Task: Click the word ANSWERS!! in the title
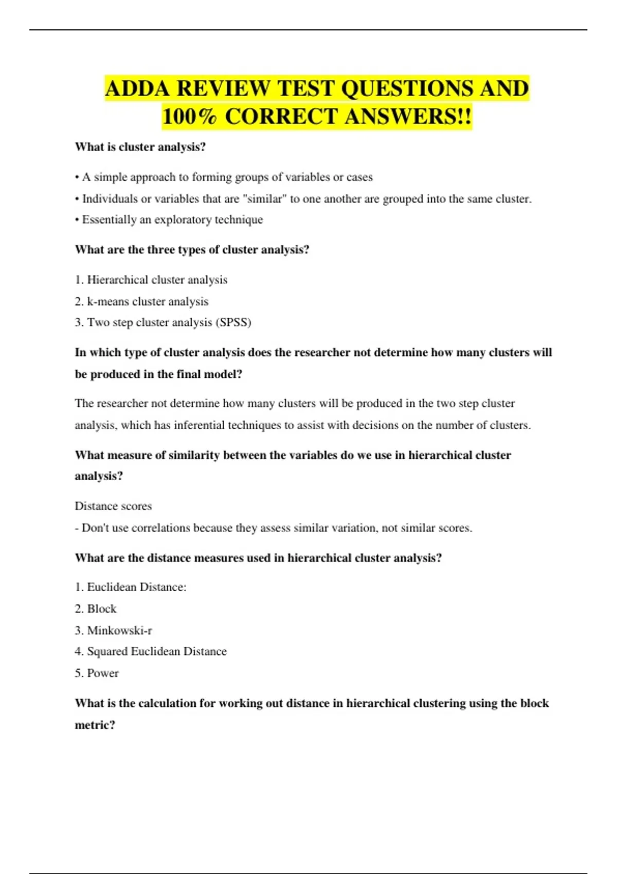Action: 408,116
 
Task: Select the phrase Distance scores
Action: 113,506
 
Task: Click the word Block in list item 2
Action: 102,609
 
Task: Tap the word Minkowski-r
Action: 119,630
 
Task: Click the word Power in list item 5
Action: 103,673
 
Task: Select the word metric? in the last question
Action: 95,725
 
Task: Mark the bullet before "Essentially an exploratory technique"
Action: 77,220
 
